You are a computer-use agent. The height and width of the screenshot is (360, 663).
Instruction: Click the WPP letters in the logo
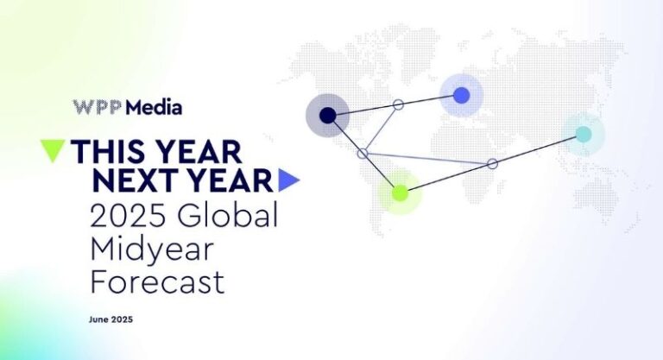tap(98, 108)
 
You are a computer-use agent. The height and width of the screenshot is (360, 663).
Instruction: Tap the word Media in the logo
tap(154, 108)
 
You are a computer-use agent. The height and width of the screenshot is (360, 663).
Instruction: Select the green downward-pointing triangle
tap(53, 150)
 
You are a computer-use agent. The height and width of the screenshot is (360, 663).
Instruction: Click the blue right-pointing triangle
tap(288, 180)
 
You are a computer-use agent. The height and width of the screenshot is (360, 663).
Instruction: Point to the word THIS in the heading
tap(110, 152)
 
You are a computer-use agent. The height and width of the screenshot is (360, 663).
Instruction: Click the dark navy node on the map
tap(327, 115)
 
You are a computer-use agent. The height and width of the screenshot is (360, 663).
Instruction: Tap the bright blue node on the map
tap(461, 95)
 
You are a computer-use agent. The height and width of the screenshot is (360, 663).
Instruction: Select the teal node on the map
tap(584, 134)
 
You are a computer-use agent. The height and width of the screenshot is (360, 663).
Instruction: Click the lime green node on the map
tap(400, 193)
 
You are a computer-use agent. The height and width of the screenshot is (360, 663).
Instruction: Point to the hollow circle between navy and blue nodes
tap(398, 104)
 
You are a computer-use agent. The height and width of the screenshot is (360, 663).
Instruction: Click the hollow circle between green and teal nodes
tap(492, 163)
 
